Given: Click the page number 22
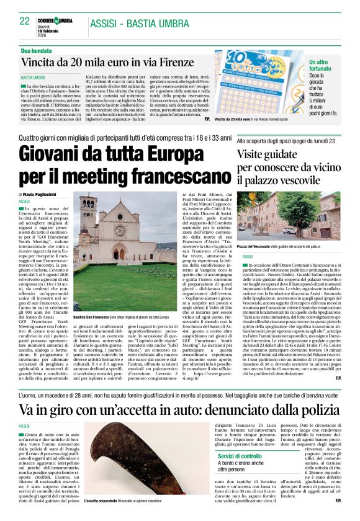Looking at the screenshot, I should coord(25,22).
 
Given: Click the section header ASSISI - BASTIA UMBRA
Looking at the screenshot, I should coord(140,24).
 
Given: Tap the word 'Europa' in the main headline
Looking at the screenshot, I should coord(167,153).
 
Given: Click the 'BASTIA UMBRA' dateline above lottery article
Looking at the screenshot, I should coord(35,78).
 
